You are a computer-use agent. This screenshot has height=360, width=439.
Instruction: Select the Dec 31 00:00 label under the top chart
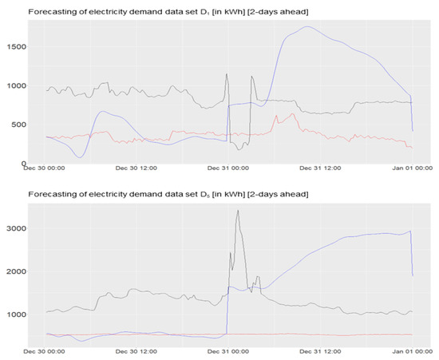click(228, 170)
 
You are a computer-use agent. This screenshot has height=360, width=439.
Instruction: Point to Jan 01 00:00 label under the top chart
click(412, 170)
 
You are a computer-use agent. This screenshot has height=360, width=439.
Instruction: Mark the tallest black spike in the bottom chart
click(238, 211)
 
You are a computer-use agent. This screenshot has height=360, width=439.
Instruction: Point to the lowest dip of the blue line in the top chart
click(79, 157)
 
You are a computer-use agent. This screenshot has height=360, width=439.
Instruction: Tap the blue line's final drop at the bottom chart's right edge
click(412, 255)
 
